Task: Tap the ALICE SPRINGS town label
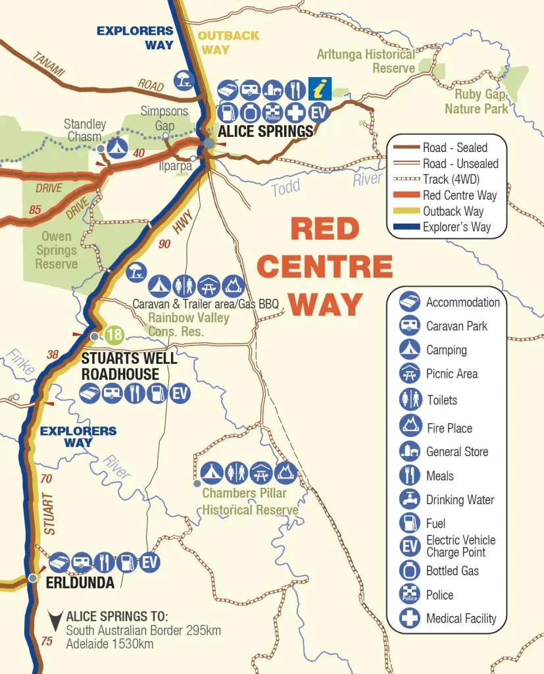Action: point(266,132)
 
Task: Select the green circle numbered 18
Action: point(114,335)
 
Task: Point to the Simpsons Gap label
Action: point(164,118)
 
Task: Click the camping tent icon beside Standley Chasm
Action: point(118,146)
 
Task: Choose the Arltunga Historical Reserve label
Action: point(366,61)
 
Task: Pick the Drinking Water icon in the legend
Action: point(410,499)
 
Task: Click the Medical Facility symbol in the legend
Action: point(410,618)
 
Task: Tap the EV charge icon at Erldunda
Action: point(149,562)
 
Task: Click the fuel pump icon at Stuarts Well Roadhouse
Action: point(157,394)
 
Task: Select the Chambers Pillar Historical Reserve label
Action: point(250,502)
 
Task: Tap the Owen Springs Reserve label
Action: point(57,250)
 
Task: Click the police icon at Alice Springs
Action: point(273,112)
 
